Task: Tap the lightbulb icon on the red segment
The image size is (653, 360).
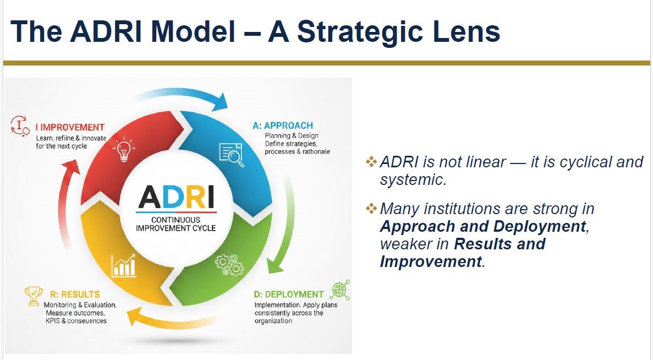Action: tap(124, 150)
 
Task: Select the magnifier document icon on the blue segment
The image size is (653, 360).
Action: tap(231, 155)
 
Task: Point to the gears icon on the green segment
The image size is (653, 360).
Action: tap(229, 265)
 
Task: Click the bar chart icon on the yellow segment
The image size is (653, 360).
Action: tap(123, 265)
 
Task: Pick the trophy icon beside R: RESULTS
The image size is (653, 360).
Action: tap(34, 296)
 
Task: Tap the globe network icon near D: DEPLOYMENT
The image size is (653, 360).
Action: tap(340, 290)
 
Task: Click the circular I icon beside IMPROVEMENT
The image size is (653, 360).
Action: tap(20, 126)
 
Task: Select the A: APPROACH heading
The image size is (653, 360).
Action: tap(283, 126)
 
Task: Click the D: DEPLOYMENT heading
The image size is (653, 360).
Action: tap(289, 294)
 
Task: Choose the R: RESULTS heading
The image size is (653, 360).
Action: tap(75, 294)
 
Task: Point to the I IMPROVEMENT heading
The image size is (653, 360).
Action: tap(70, 127)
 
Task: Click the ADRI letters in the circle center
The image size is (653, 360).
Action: tap(176, 197)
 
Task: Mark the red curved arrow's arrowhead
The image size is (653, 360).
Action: tap(70, 168)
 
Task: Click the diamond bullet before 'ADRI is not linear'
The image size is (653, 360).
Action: tap(371, 161)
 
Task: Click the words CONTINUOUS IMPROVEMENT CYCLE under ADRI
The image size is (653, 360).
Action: tap(175, 223)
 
